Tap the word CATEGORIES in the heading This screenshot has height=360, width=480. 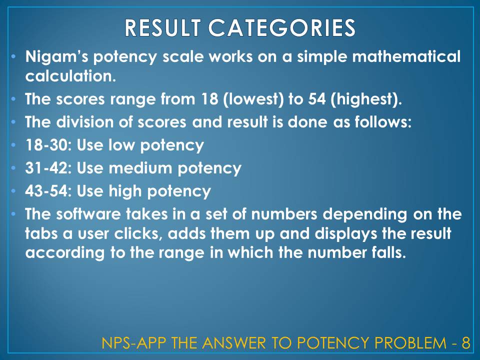click(x=282, y=28)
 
